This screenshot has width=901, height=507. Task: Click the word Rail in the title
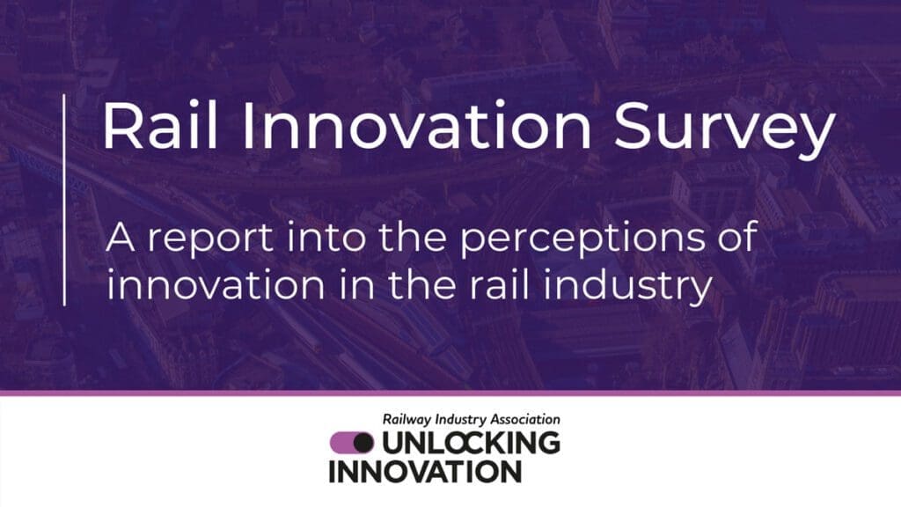[160, 126]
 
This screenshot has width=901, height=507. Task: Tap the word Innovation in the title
[416, 126]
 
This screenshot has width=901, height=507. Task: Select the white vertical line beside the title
[63, 200]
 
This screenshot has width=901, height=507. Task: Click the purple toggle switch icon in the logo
[352, 443]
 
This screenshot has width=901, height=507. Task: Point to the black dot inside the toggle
[363, 443]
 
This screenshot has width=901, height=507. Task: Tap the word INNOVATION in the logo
[425, 472]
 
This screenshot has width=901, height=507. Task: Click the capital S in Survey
[635, 126]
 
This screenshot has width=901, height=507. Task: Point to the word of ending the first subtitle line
[738, 236]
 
